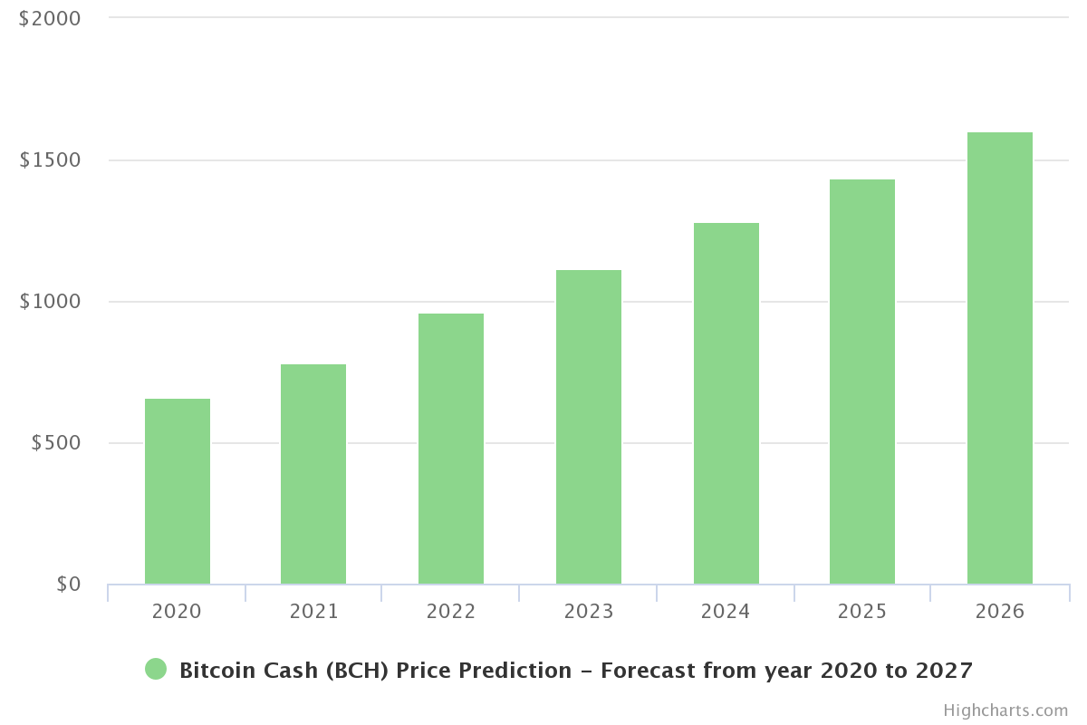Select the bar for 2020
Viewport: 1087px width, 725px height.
point(178,491)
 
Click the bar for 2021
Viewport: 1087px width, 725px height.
point(313,474)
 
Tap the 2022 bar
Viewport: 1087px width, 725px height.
point(451,449)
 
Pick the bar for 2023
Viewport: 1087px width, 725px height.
point(589,427)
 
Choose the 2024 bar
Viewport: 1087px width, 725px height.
point(726,403)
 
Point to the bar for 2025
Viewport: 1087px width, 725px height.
point(862,382)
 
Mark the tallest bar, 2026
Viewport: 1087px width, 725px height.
point(1000,358)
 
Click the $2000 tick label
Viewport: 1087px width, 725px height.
point(50,18)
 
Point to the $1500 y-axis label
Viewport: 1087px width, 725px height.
point(50,160)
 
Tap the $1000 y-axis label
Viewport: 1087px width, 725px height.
point(50,302)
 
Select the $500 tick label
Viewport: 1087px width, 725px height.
point(56,443)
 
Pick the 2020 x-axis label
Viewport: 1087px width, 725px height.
point(177,612)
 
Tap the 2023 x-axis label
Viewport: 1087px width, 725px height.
point(589,612)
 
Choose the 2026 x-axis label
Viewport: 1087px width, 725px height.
point(1000,612)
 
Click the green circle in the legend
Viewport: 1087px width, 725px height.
point(156,670)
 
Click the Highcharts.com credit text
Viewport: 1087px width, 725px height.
point(1005,710)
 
